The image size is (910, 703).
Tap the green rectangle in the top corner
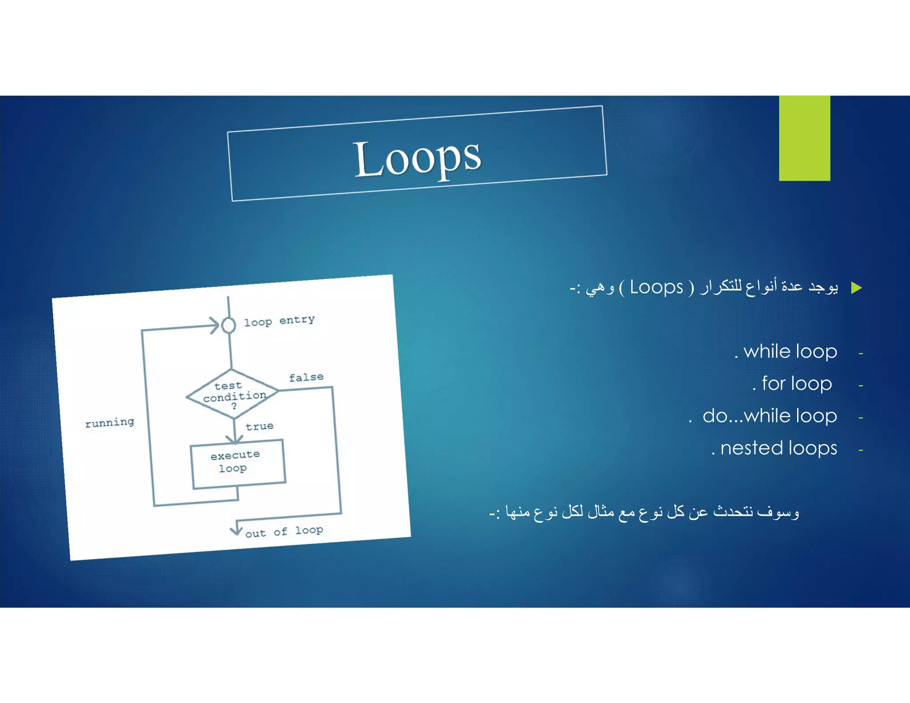point(804,138)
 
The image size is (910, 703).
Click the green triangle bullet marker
point(856,288)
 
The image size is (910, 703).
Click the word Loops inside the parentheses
point(656,288)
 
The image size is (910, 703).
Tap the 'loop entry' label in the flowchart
point(279,321)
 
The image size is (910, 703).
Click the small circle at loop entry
point(228,325)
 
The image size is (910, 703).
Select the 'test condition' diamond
point(232,394)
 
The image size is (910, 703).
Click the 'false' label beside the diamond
point(306,377)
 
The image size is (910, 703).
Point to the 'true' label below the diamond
point(259,427)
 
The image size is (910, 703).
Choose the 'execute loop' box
point(238,463)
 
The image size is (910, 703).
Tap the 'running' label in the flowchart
point(109,422)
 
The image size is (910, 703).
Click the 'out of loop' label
point(284,531)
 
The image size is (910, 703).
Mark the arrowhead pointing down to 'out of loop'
point(236,530)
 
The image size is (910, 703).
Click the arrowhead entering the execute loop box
point(234,439)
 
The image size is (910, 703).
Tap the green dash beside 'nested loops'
point(861,451)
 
